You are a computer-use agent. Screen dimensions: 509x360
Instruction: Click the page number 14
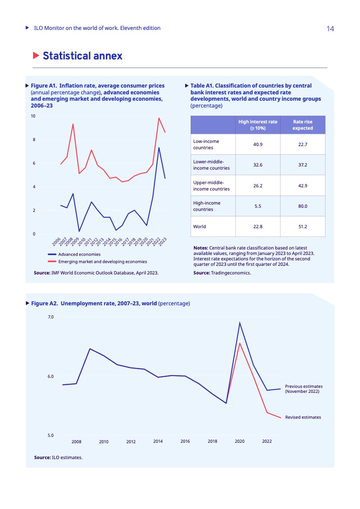tap(330, 29)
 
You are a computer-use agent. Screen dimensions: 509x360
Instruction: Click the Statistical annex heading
tap(82, 56)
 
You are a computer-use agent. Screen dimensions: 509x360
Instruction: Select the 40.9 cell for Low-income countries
tap(258, 144)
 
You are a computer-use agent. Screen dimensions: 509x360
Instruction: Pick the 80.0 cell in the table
tap(303, 206)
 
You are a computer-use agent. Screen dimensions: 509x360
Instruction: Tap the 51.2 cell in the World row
tap(303, 226)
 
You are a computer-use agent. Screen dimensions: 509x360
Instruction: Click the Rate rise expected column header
tap(303, 125)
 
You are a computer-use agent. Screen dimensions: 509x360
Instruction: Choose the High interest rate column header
tap(258, 125)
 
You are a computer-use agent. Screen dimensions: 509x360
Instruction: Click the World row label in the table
tap(200, 226)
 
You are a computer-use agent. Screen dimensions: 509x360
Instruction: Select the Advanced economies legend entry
tap(79, 254)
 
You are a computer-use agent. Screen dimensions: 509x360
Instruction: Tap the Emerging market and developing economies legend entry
tap(103, 262)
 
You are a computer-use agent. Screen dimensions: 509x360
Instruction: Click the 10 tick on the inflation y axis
tap(33, 116)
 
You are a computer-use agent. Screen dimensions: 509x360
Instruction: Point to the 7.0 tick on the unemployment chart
tap(51, 317)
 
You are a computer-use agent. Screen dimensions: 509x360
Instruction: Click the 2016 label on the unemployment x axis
tap(185, 441)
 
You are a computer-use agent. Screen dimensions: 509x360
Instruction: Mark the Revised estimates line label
tap(303, 417)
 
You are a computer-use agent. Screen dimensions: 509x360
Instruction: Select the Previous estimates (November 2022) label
tap(304, 389)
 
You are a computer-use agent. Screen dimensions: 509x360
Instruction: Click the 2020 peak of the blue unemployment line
tap(240, 323)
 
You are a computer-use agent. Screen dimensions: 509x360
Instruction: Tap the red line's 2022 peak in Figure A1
tap(159, 118)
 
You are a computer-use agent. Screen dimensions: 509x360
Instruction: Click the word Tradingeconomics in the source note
tap(231, 273)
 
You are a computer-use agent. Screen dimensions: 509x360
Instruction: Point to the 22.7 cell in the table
tap(303, 144)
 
